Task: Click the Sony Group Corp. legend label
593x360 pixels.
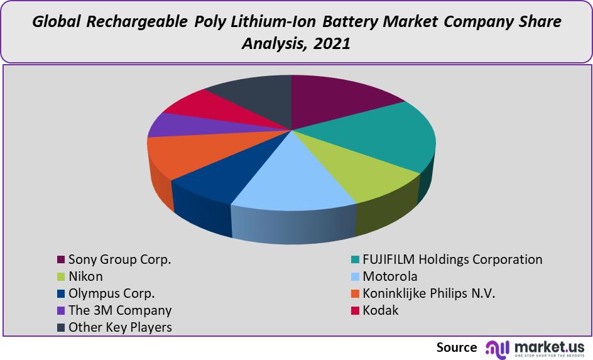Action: [x=119, y=259]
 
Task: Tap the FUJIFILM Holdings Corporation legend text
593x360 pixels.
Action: [x=452, y=259]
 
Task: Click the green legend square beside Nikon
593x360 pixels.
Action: [x=61, y=276]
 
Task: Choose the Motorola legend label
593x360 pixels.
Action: [x=389, y=276]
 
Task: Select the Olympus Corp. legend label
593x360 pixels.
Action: [x=111, y=293]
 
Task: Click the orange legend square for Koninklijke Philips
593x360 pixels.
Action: [x=355, y=293]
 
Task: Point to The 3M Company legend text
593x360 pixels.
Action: [x=119, y=310]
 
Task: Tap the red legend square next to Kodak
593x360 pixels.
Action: [x=355, y=310]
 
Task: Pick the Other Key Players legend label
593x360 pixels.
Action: [x=120, y=327]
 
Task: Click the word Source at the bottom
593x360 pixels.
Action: [x=457, y=347]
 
